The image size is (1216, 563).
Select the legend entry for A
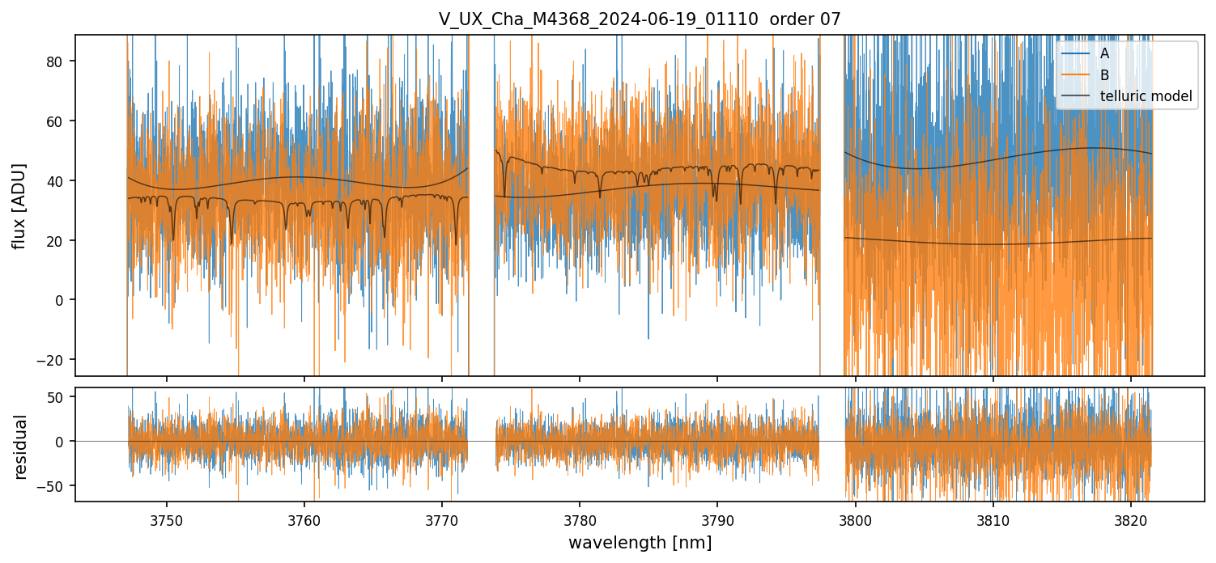[x=1104, y=54]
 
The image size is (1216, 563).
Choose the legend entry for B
[x=1104, y=75]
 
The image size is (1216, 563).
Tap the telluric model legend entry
[x=1146, y=96]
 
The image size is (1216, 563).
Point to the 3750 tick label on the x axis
[x=167, y=519]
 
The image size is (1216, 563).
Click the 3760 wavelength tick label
[x=304, y=519]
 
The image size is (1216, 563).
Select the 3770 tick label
[x=442, y=519]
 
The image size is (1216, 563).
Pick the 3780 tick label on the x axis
[x=580, y=519]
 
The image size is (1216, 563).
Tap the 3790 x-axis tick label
[x=717, y=519]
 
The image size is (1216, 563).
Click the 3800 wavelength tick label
[x=856, y=519]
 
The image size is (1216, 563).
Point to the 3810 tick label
[x=993, y=519]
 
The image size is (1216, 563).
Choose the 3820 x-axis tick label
[x=1131, y=519]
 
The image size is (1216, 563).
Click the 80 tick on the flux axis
[x=58, y=61]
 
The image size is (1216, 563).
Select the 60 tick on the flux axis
[x=58, y=121]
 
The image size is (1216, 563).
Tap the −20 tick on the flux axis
[x=54, y=359]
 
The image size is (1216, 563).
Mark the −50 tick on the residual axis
[x=54, y=485]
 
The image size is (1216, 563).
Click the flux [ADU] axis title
[x=19, y=205]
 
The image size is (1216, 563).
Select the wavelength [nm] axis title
[x=640, y=542]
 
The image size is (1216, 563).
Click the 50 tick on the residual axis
[x=58, y=397]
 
